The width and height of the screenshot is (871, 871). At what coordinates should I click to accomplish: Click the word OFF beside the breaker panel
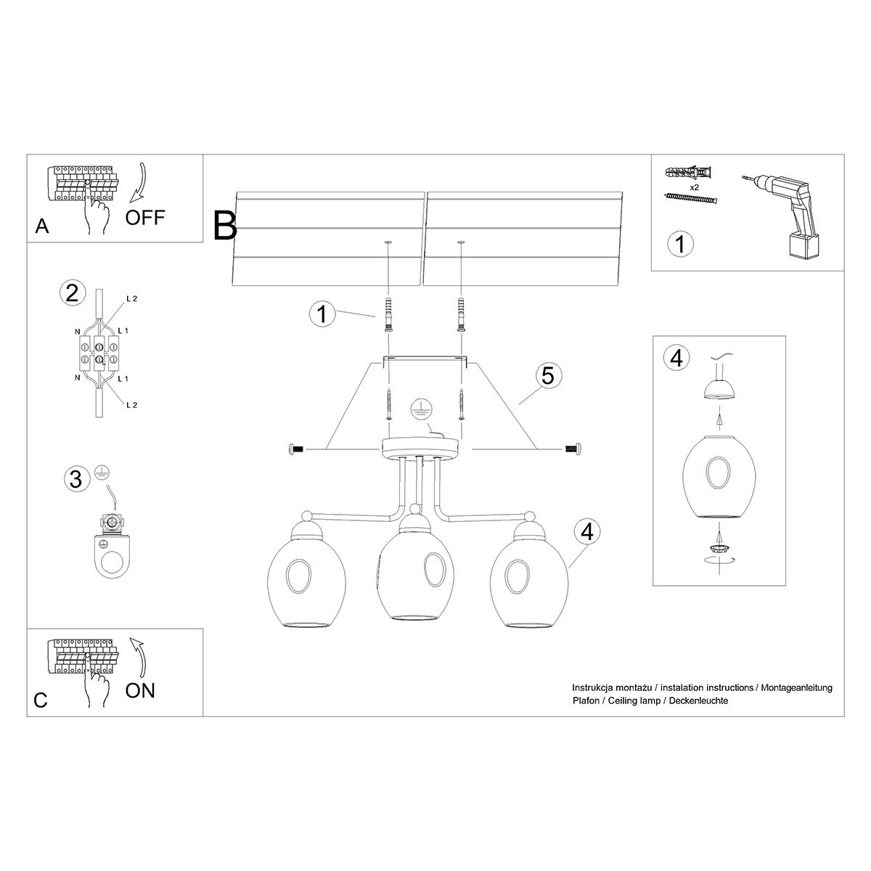(x=145, y=217)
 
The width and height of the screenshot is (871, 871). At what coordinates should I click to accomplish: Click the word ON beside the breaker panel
(x=140, y=690)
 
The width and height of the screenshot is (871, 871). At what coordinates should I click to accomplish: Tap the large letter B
(x=225, y=225)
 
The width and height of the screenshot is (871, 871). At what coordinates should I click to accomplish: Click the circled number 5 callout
(x=548, y=376)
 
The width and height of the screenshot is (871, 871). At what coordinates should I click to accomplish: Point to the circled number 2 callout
(x=71, y=293)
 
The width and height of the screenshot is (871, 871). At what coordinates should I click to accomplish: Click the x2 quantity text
(x=694, y=187)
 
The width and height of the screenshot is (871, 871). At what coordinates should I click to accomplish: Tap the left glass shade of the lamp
(x=300, y=575)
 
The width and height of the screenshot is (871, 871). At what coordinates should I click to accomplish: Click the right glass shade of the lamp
(x=528, y=575)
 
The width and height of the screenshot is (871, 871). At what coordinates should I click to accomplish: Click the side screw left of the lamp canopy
(x=295, y=451)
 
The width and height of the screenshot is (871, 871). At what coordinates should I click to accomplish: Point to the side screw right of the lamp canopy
(x=571, y=450)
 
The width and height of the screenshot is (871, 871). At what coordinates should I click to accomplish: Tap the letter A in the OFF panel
(x=42, y=226)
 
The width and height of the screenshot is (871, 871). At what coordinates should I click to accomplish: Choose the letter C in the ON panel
(x=41, y=700)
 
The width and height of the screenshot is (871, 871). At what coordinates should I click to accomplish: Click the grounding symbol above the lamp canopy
(x=420, y=409)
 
